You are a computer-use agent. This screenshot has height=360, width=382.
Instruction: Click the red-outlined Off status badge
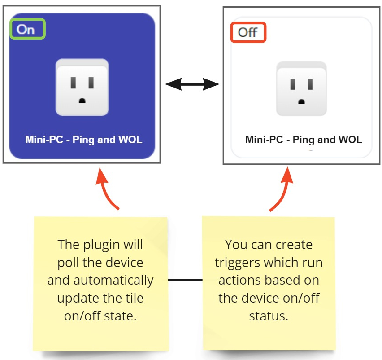pos(248,32)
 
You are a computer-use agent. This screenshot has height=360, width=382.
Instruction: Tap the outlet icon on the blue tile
pos(82,87)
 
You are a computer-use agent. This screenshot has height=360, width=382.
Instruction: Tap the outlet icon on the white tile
pos(301,88)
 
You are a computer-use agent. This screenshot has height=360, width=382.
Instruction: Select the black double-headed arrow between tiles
pos(191,83)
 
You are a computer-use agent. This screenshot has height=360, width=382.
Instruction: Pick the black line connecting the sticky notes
pos(185,280)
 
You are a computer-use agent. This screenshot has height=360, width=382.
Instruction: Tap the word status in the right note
pos(268,315)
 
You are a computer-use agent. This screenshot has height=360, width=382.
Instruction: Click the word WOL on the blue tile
pos(130,140)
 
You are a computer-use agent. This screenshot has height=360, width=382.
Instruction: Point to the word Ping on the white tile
pos(304,140)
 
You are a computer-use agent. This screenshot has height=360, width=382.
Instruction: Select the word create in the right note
pos(293,245)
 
